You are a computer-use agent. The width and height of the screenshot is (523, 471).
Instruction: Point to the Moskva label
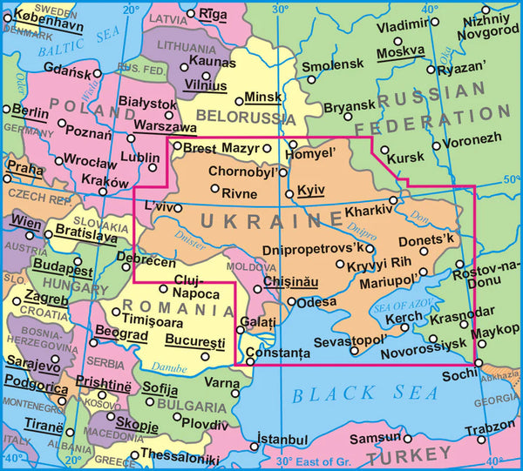coord(400,53)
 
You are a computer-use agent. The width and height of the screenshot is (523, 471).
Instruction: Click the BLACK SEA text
coord(365,394)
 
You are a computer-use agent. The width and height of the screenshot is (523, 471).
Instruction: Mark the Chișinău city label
coord(289,284)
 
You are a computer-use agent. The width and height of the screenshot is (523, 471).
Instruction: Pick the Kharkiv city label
coord(360,211)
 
